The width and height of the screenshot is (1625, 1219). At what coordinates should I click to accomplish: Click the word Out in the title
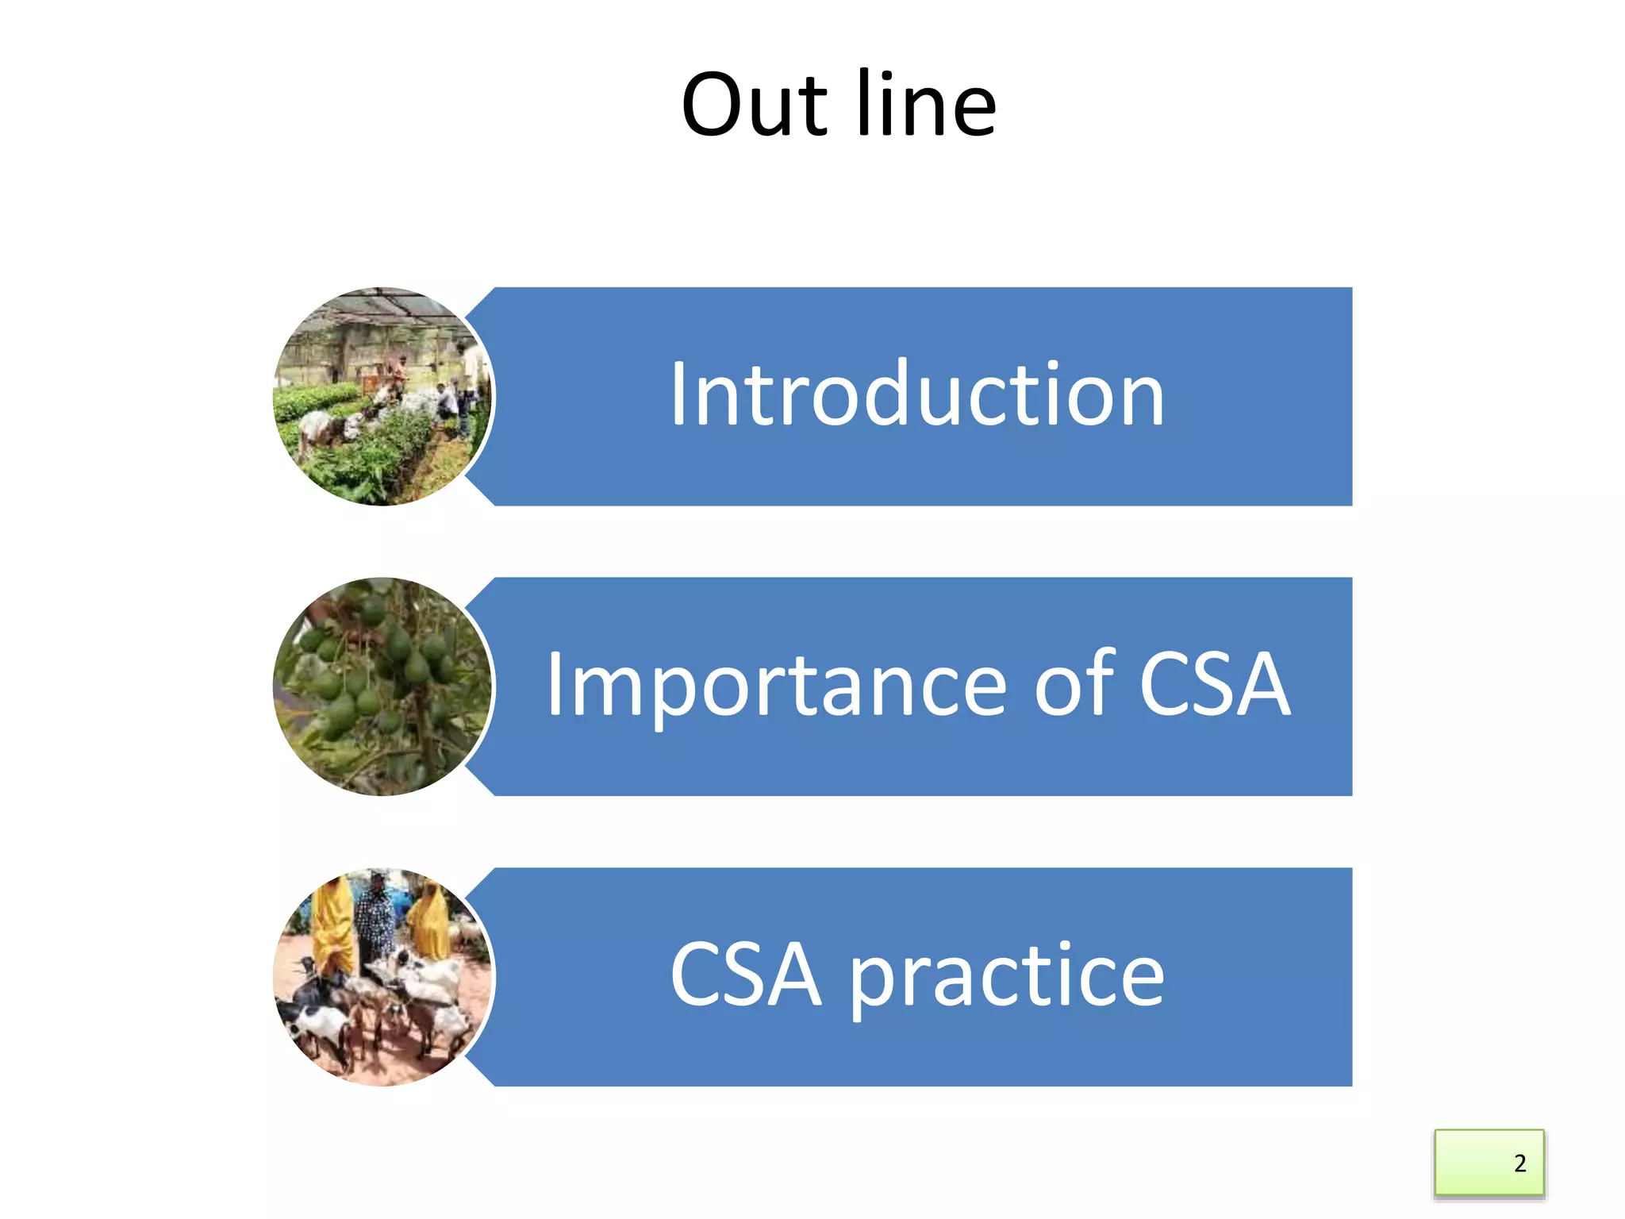point(755,105)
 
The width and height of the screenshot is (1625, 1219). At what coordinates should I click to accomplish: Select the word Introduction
point(916,394)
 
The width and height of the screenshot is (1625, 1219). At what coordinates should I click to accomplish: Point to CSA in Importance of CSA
point(1214,684)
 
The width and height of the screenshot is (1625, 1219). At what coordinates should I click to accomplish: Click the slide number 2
point(1519,1163)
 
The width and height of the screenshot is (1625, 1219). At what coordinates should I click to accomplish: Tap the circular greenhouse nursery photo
point(382,396)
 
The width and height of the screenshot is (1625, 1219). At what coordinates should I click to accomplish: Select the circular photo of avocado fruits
point(382,686)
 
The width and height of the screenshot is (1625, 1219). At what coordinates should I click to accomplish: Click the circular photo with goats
point(382,976)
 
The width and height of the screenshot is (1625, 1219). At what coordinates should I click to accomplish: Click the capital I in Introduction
point(678,394)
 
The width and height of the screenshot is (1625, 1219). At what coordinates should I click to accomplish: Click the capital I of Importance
point(555,684)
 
